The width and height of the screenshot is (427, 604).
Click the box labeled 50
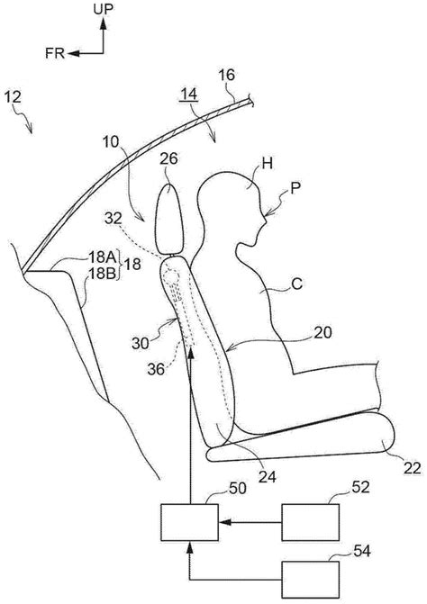pos(189,522)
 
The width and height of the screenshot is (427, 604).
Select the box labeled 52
pos(311,522)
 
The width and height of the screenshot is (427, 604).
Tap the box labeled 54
pos(311,580)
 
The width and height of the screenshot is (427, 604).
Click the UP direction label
pos(103,9)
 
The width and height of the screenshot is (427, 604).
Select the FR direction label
pos(55,53)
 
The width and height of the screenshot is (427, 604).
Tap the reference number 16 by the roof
pos(227,75)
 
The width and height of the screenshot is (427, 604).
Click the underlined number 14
pos(189,94)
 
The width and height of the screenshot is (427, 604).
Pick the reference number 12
pos(14,97)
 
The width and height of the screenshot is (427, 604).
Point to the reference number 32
pos(113,219)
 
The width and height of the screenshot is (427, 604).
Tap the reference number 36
pos(156,369)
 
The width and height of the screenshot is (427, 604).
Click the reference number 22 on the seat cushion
pos(412,468)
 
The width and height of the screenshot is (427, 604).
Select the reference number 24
pos(268,477)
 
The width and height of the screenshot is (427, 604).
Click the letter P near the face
pos(295,189)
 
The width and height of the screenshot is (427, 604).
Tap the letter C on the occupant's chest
pos(297,284)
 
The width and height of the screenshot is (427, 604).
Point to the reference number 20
pos(323,332)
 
